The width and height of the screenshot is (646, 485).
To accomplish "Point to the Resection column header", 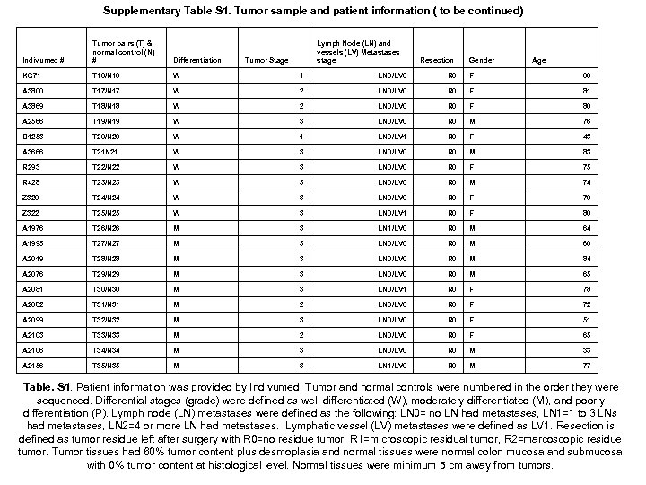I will [437, 61].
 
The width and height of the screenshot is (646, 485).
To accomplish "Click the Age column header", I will [539, 61].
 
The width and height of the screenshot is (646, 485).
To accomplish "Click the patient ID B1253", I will [36, 136].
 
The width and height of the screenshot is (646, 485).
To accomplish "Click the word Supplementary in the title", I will [145, 11].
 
